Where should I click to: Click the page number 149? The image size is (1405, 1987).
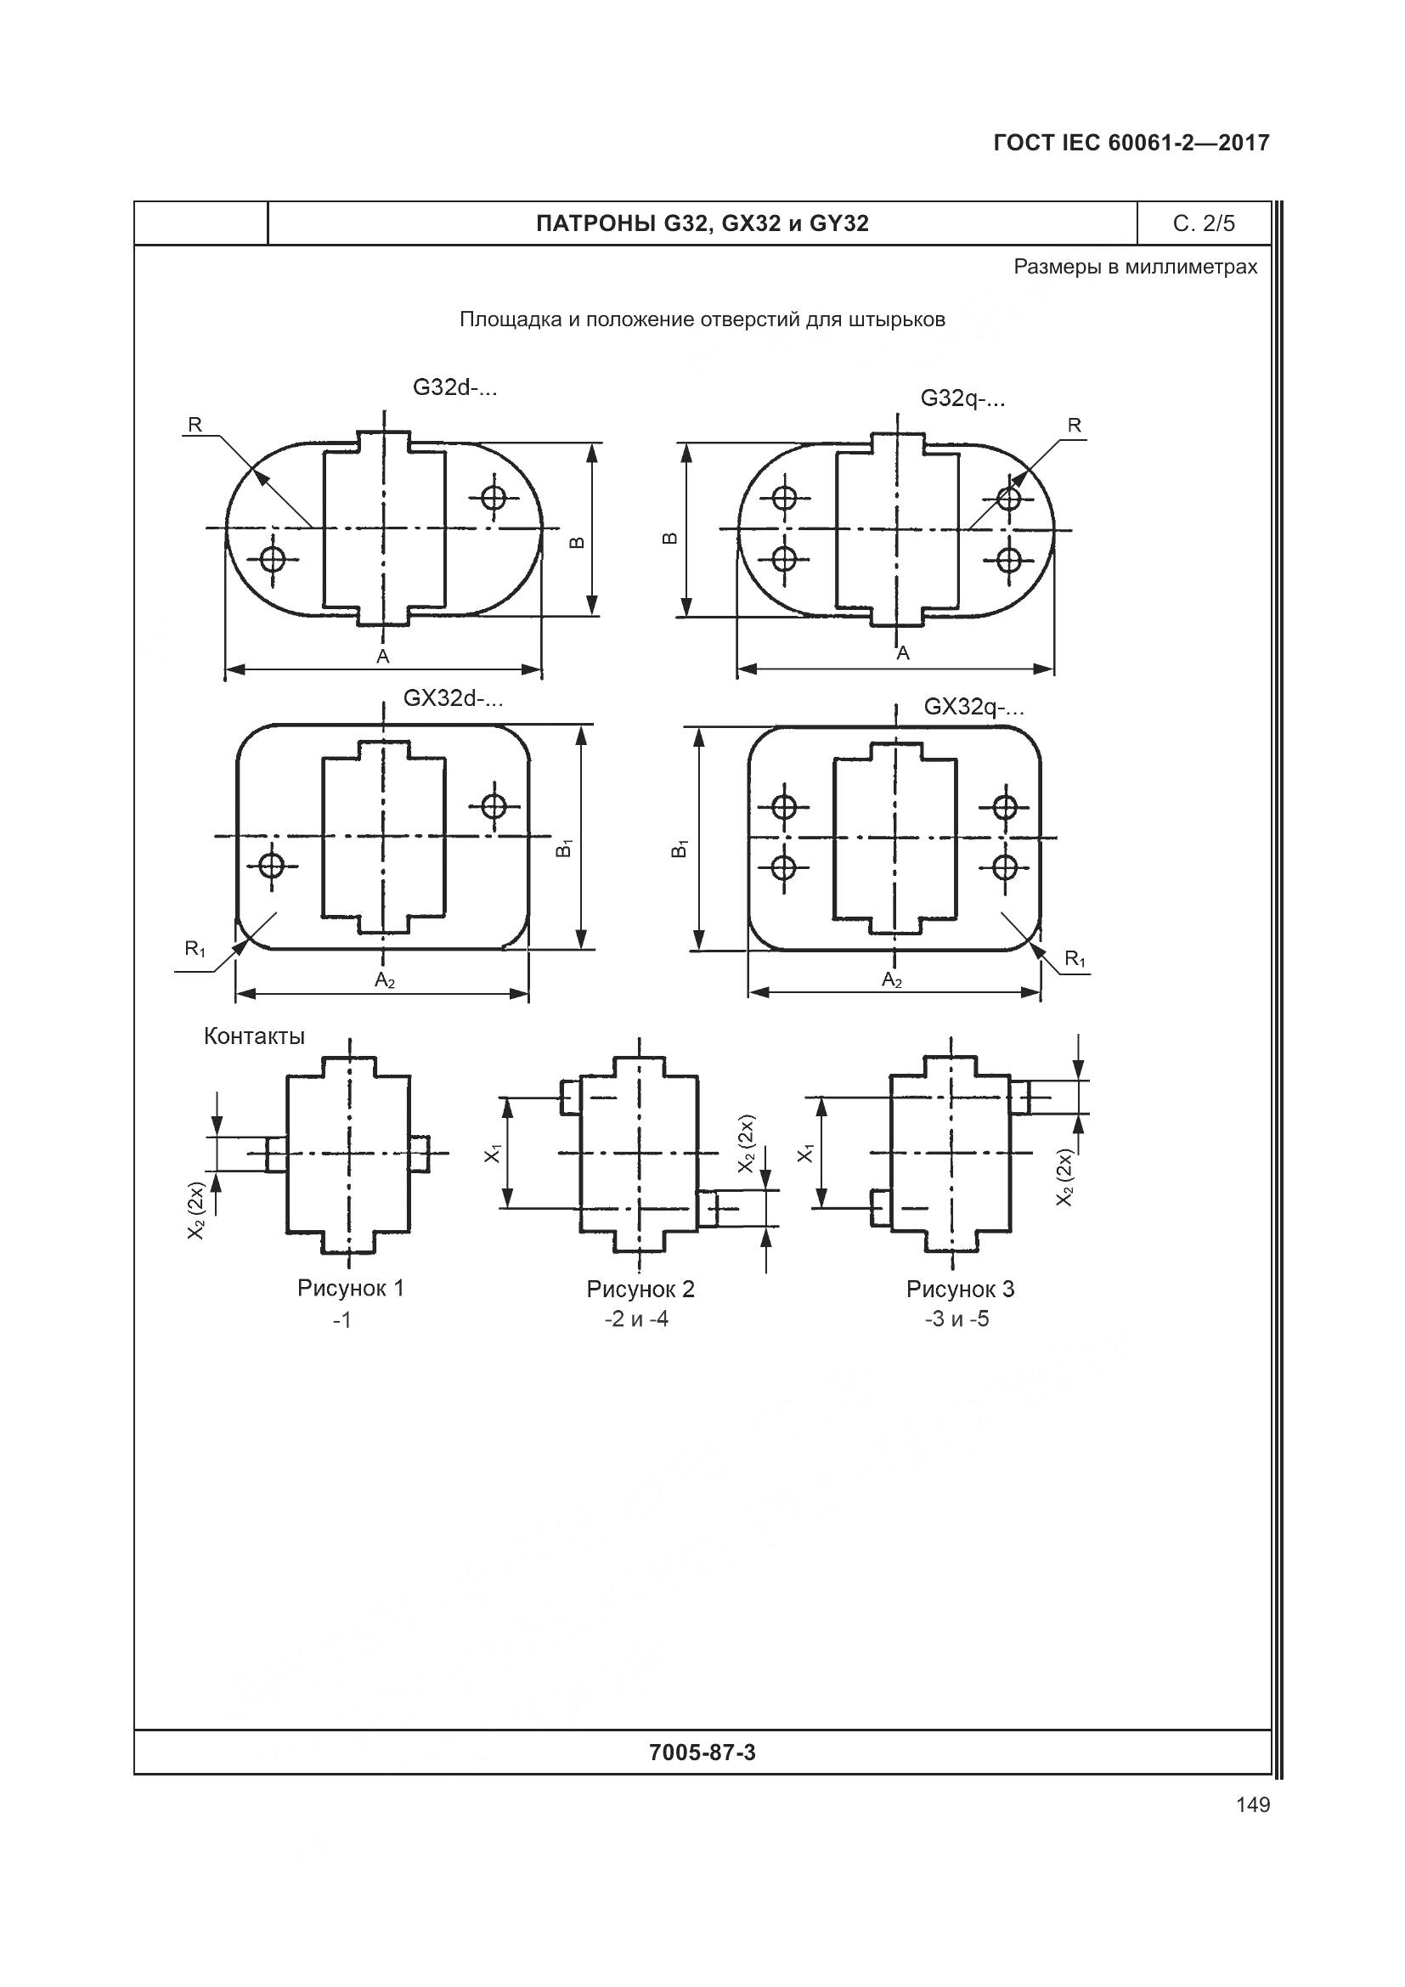coord(1253,1804)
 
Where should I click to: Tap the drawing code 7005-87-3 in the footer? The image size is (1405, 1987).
coord(702,1753)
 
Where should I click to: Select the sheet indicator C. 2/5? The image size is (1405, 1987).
coord(1204,223)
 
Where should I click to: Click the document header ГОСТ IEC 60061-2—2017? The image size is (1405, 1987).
coord(1131,143)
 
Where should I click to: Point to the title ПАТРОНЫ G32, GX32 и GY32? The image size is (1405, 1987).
coord(702,223)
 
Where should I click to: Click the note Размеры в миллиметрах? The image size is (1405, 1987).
coord(1135,267)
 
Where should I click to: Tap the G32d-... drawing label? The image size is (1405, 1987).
coord(455,387)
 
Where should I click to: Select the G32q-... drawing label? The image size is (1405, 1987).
coord(963,398)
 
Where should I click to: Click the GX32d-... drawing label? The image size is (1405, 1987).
coord(454,697)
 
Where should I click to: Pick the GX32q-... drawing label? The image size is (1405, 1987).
coord(974,707)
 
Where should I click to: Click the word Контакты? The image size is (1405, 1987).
coord(254,1036)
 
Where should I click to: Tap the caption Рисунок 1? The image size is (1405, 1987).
coord(350,1288)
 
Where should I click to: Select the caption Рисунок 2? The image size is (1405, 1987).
coord(640,1289)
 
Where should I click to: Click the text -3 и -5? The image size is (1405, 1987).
coord(956,1319)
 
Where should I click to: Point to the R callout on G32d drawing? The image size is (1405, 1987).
coord(195,425)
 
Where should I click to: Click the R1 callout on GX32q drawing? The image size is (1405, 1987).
coord(1075,958)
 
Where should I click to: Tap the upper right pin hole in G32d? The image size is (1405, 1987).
coord(494,498)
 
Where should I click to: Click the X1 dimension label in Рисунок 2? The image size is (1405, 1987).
coord(493,1153)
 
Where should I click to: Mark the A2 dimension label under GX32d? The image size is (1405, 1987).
coord(385,980)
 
